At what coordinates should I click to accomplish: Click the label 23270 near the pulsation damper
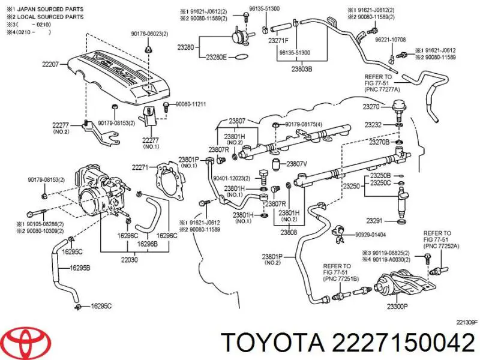(x=371, y=107)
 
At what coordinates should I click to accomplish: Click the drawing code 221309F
(x=465, y=322)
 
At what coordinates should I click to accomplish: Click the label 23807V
(x=296, y=164)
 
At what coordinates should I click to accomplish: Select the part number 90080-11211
(x=190, y=104)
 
